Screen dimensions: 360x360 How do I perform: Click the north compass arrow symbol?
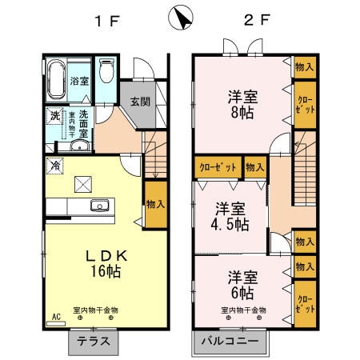pyautogui.click(x=180, y=17)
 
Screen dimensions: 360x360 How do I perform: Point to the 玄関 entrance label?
pyautogui.click(x=140, y=102)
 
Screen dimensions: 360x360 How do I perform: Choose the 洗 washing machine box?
pyautogui.click(x=55, y=117)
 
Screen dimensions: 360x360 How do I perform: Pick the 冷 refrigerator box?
pyautogui.click(x=55, y=166)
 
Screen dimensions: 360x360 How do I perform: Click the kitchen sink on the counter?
pyautogui.click(x=100, y=205)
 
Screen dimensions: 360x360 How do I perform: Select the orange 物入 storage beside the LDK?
pyautogui.click(x=155, y=205)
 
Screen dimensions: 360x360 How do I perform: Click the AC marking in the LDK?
pyautogui.click(x=56, y=318)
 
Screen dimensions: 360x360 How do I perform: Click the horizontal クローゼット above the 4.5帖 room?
pyautogui.click(x=217, y=167)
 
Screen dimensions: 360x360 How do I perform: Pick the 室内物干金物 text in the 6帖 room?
pyautogui.click(x=242, y=310)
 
